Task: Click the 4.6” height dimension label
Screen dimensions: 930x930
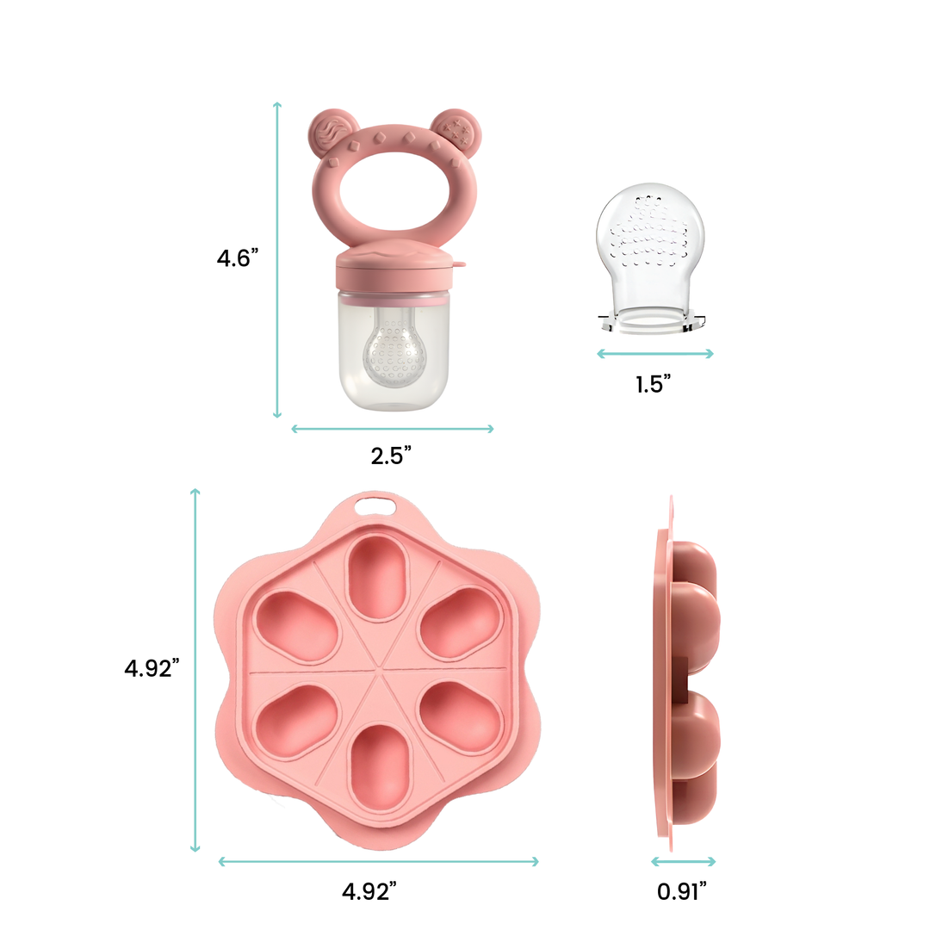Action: click(238, 258)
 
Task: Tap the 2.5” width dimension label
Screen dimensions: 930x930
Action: click(392, 456)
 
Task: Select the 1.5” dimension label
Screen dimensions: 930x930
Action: click(654, 384)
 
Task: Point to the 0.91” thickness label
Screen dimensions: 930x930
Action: click(682, 892)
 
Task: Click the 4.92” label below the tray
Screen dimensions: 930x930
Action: click(369, 892)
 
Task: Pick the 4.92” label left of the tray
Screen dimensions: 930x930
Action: click(152, 667)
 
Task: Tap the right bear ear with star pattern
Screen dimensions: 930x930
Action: click(453, 131)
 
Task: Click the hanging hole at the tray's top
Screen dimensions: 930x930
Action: click(373, 506)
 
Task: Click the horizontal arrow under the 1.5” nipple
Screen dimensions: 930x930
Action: click(655, 353)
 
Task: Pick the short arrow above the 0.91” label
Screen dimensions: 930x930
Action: click(683, 860)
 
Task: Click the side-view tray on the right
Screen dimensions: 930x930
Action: click(685, 667)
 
